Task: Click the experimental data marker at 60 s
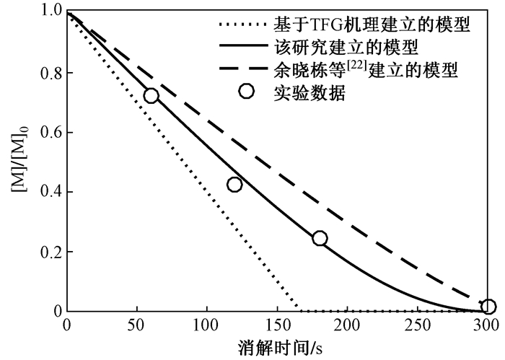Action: tap(151, 95)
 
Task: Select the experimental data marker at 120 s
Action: tap(234, 185)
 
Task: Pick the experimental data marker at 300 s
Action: tap(488, 307)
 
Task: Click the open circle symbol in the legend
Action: tap(246, 92)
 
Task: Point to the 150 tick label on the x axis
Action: tap(278, 325)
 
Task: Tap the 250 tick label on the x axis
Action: tap(419, 325)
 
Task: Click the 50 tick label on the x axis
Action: tap(137, 325)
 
